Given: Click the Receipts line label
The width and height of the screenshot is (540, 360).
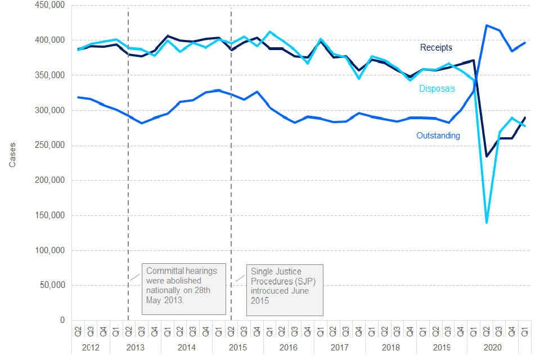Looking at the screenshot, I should (x=436, y=48).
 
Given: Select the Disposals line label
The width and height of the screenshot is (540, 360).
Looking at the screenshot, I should (x=437, y=89).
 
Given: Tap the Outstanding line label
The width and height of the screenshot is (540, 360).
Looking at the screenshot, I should (x=438, y=136).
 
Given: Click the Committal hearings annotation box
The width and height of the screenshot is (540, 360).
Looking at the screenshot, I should (x=183, y=289).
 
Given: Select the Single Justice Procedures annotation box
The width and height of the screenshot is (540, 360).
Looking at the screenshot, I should (x=285, y=289).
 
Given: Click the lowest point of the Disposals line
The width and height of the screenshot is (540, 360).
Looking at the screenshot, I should (x=487, y=222).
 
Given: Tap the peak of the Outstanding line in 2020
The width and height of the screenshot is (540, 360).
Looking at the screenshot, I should (x=487, y=25).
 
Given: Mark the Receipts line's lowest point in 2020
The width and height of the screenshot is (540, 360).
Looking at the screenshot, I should (x=487, y=156).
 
